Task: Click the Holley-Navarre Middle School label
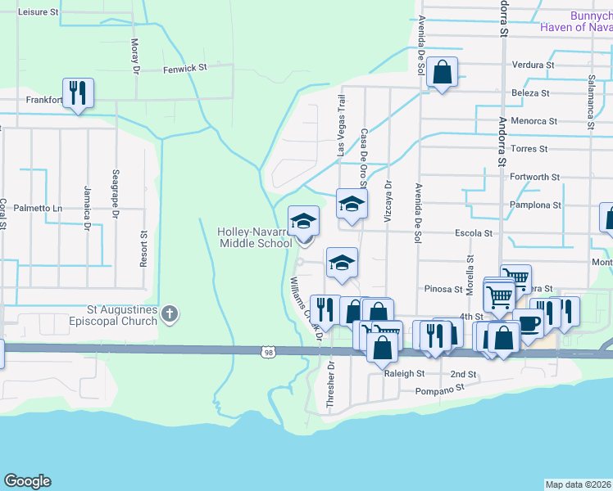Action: tap(254, 237)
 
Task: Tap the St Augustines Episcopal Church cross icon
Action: tap(169, 313)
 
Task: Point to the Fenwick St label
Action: tap(181, 70)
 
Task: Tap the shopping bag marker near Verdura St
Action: tap(442, 74)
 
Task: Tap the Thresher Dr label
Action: tap(331, 385)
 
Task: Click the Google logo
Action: tap(27, 481)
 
